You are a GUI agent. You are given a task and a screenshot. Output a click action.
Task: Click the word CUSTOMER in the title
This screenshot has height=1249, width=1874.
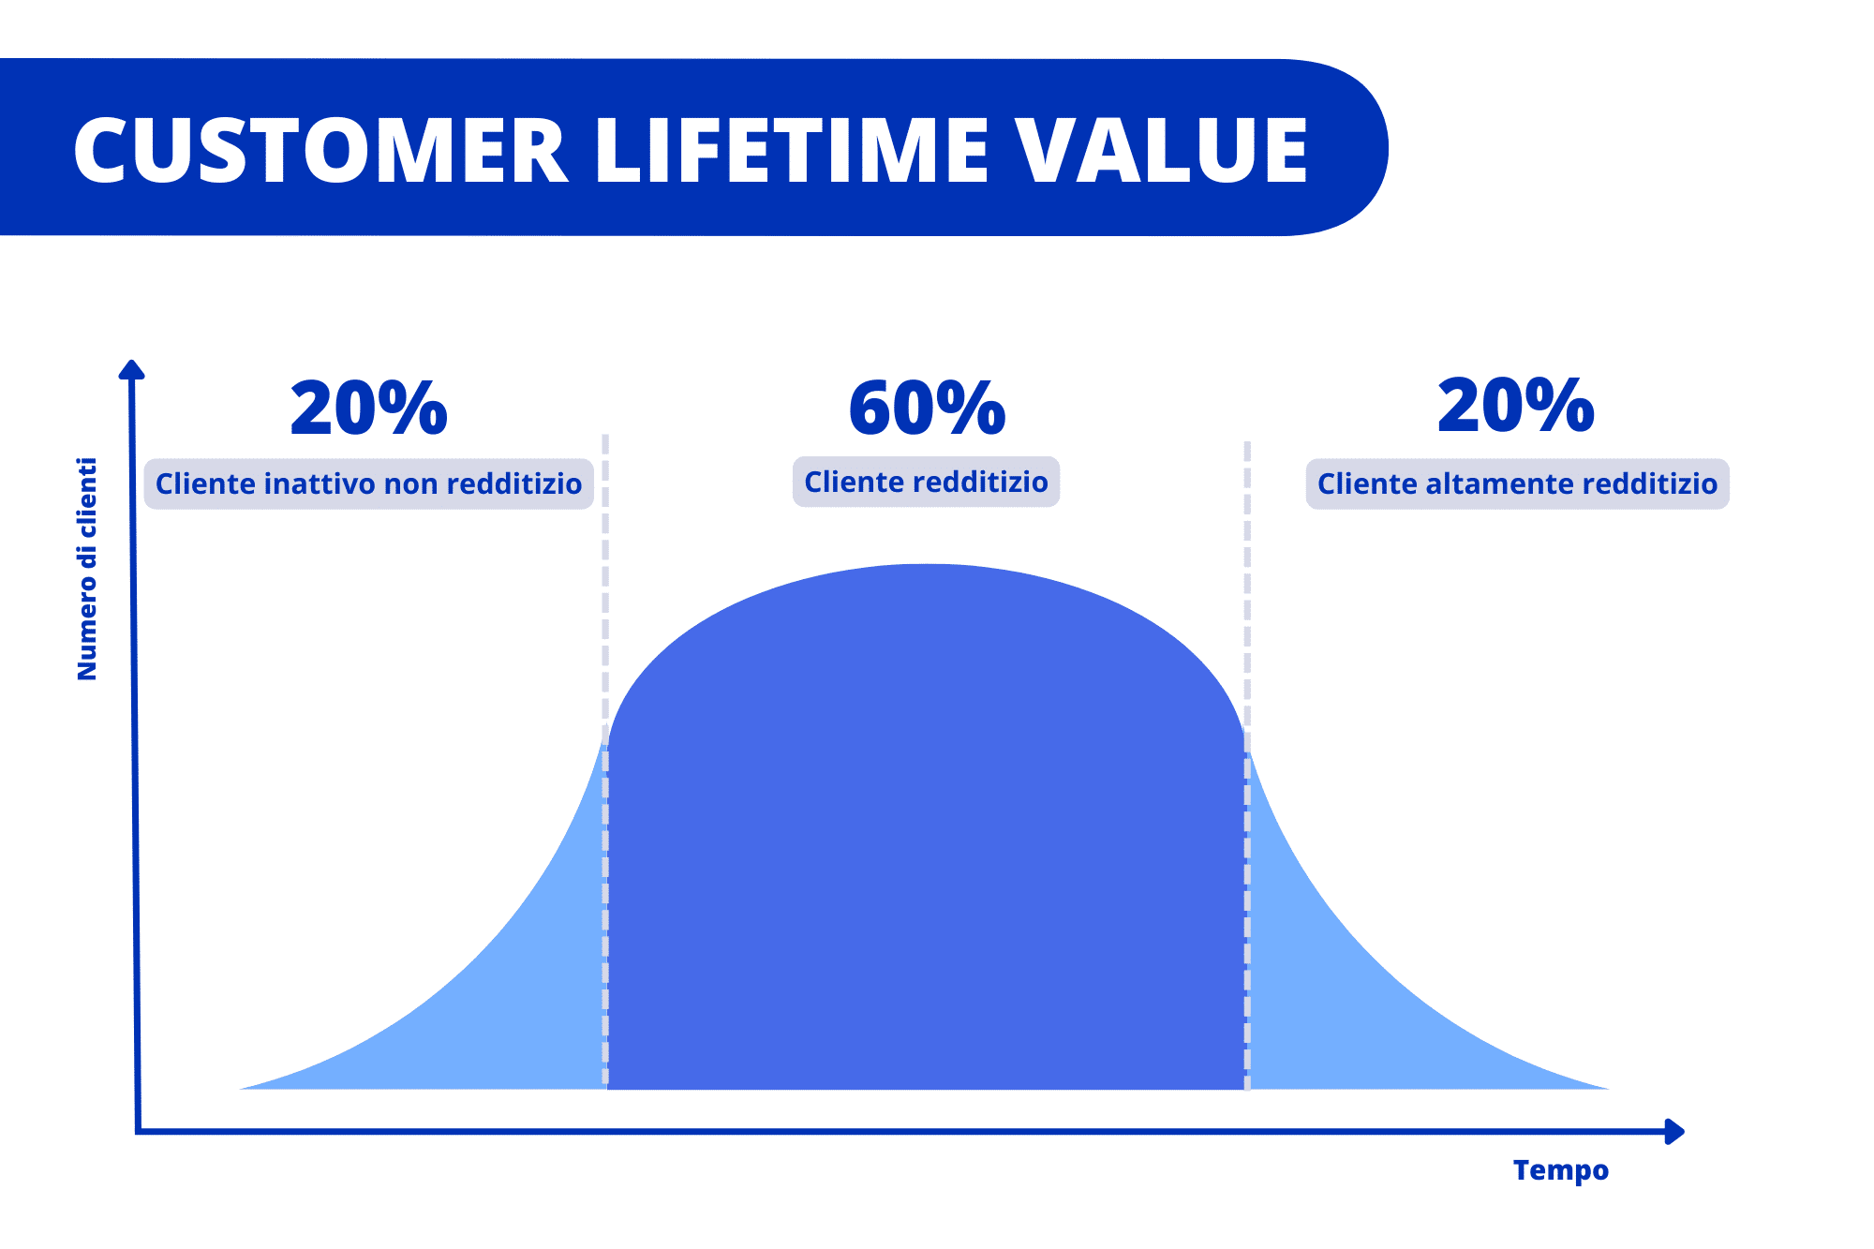click(x=320, y=151)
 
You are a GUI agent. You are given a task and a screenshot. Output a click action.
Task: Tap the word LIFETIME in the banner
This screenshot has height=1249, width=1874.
click(x=792, y=151)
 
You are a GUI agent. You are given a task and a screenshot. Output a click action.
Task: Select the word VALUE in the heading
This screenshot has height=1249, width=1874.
click(x=1162, y=151)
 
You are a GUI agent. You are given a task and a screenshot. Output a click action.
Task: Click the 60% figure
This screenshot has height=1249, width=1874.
click(x=927, y=409)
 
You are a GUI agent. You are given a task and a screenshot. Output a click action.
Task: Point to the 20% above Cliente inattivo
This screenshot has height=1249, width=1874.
click(x=368, y=409)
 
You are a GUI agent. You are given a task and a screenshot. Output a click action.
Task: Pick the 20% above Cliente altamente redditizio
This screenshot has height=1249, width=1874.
click(x=1515, y=407)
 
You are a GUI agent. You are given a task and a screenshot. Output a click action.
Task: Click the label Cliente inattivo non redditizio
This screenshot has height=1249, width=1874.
click(x=368, y=484)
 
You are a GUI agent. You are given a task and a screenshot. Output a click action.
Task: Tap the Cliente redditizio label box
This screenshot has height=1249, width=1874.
click(x=926, y=483)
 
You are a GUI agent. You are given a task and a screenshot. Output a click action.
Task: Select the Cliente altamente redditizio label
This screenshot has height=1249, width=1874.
click(x=1517, y=484)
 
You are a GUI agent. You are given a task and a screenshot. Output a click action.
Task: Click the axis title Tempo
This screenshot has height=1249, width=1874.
click(x=1560, y=1170)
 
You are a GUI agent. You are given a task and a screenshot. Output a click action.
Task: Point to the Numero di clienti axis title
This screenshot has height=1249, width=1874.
click(x=87, y=569)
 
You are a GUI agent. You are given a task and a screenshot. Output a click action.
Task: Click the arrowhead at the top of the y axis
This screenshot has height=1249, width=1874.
click(x=132, y=369)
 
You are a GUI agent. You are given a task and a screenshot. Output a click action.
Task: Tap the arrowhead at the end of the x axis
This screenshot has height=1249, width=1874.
click(x=1674, y=1132)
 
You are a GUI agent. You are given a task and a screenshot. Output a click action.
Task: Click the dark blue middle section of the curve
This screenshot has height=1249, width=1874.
click(x=926, y=843)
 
